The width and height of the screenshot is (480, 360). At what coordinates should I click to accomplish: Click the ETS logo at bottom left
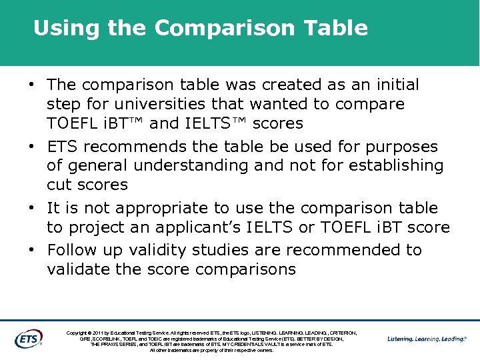coord(28,338)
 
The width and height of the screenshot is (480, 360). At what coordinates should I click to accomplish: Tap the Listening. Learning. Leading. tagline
coord(427,339)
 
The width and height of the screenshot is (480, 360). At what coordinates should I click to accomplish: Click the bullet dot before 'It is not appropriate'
coord(31,209)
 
